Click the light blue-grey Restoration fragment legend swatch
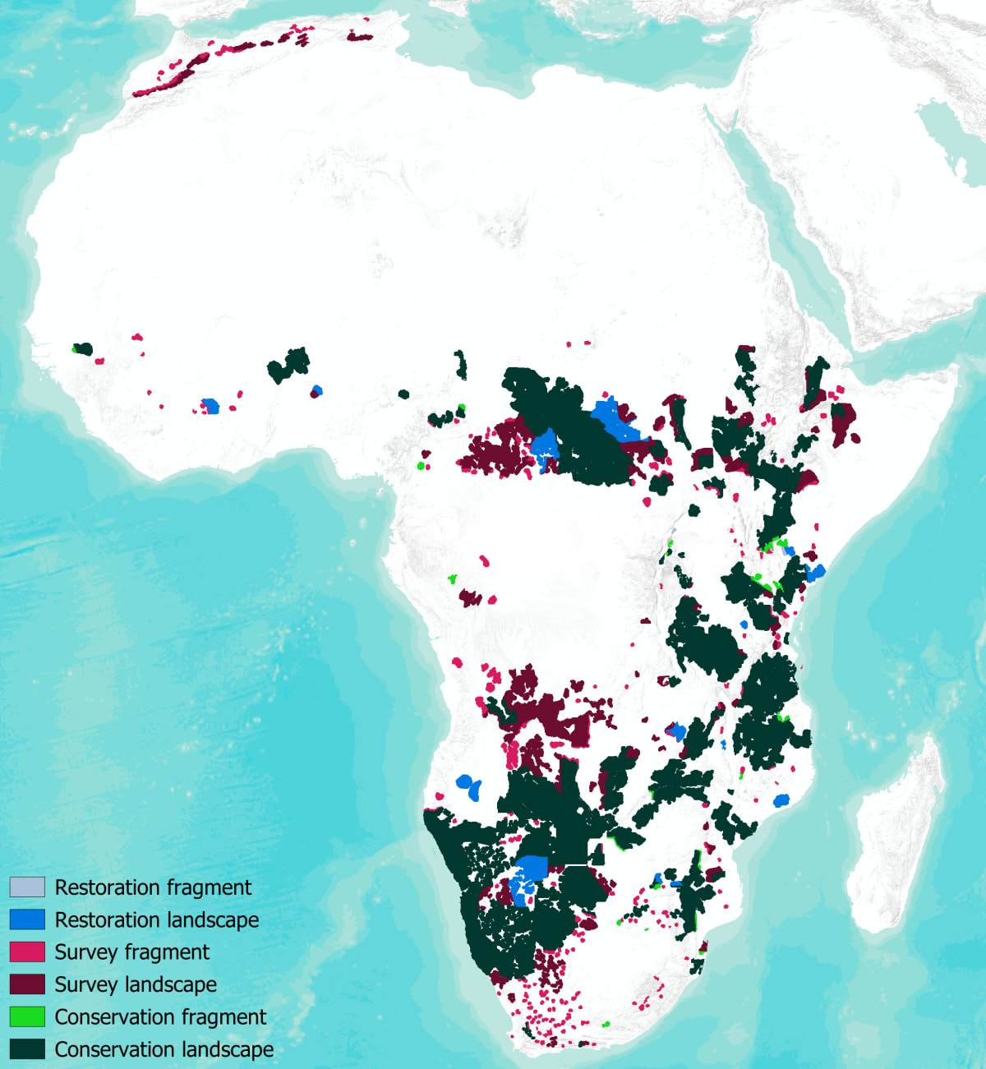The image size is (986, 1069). [27, 887]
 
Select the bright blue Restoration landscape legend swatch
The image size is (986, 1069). [27, 919]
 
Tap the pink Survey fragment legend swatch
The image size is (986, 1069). [27, 952]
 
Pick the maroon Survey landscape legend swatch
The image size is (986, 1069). [27, 984]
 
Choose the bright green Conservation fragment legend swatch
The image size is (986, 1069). [27, 1016]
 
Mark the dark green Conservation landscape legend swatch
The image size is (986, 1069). [27, 1049]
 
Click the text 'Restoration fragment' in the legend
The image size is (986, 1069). [153, 887]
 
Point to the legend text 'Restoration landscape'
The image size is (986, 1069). [156, 919]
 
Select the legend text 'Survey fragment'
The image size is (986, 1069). [131, 952]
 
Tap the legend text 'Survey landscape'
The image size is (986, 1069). [136, 984]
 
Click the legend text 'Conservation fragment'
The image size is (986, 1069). [160, 1016]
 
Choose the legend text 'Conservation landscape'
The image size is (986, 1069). [164, 1049]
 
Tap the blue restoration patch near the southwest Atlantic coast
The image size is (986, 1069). [468, 786]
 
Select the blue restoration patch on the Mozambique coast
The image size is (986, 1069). [781, 799]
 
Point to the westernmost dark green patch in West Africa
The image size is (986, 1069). [83, 349]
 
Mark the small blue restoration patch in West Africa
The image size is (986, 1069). [211, 406]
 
